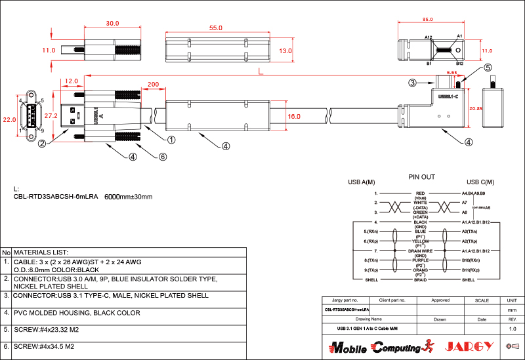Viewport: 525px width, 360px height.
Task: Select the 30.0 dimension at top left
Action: click(x=113, y=24)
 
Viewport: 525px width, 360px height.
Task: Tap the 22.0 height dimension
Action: click(x=9, y=120)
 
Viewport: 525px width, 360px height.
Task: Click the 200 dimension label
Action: click(x=154, y=85)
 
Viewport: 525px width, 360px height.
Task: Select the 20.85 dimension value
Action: click(x=476, y=108)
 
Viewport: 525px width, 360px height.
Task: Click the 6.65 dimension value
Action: click(x=452, y=73)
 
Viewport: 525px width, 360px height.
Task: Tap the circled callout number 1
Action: click(x=171, y=140)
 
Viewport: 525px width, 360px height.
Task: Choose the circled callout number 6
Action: click(x=163, y=157)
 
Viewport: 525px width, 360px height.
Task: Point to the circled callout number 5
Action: click(x=488, y=68)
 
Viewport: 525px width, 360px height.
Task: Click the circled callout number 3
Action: click(x=412, y=83)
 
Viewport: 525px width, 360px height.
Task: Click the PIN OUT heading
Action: click(x=421, y=177)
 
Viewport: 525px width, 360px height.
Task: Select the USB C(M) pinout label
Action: click(x=480, y=182)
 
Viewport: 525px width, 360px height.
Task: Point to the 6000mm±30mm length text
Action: click(x=129, y=197)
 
